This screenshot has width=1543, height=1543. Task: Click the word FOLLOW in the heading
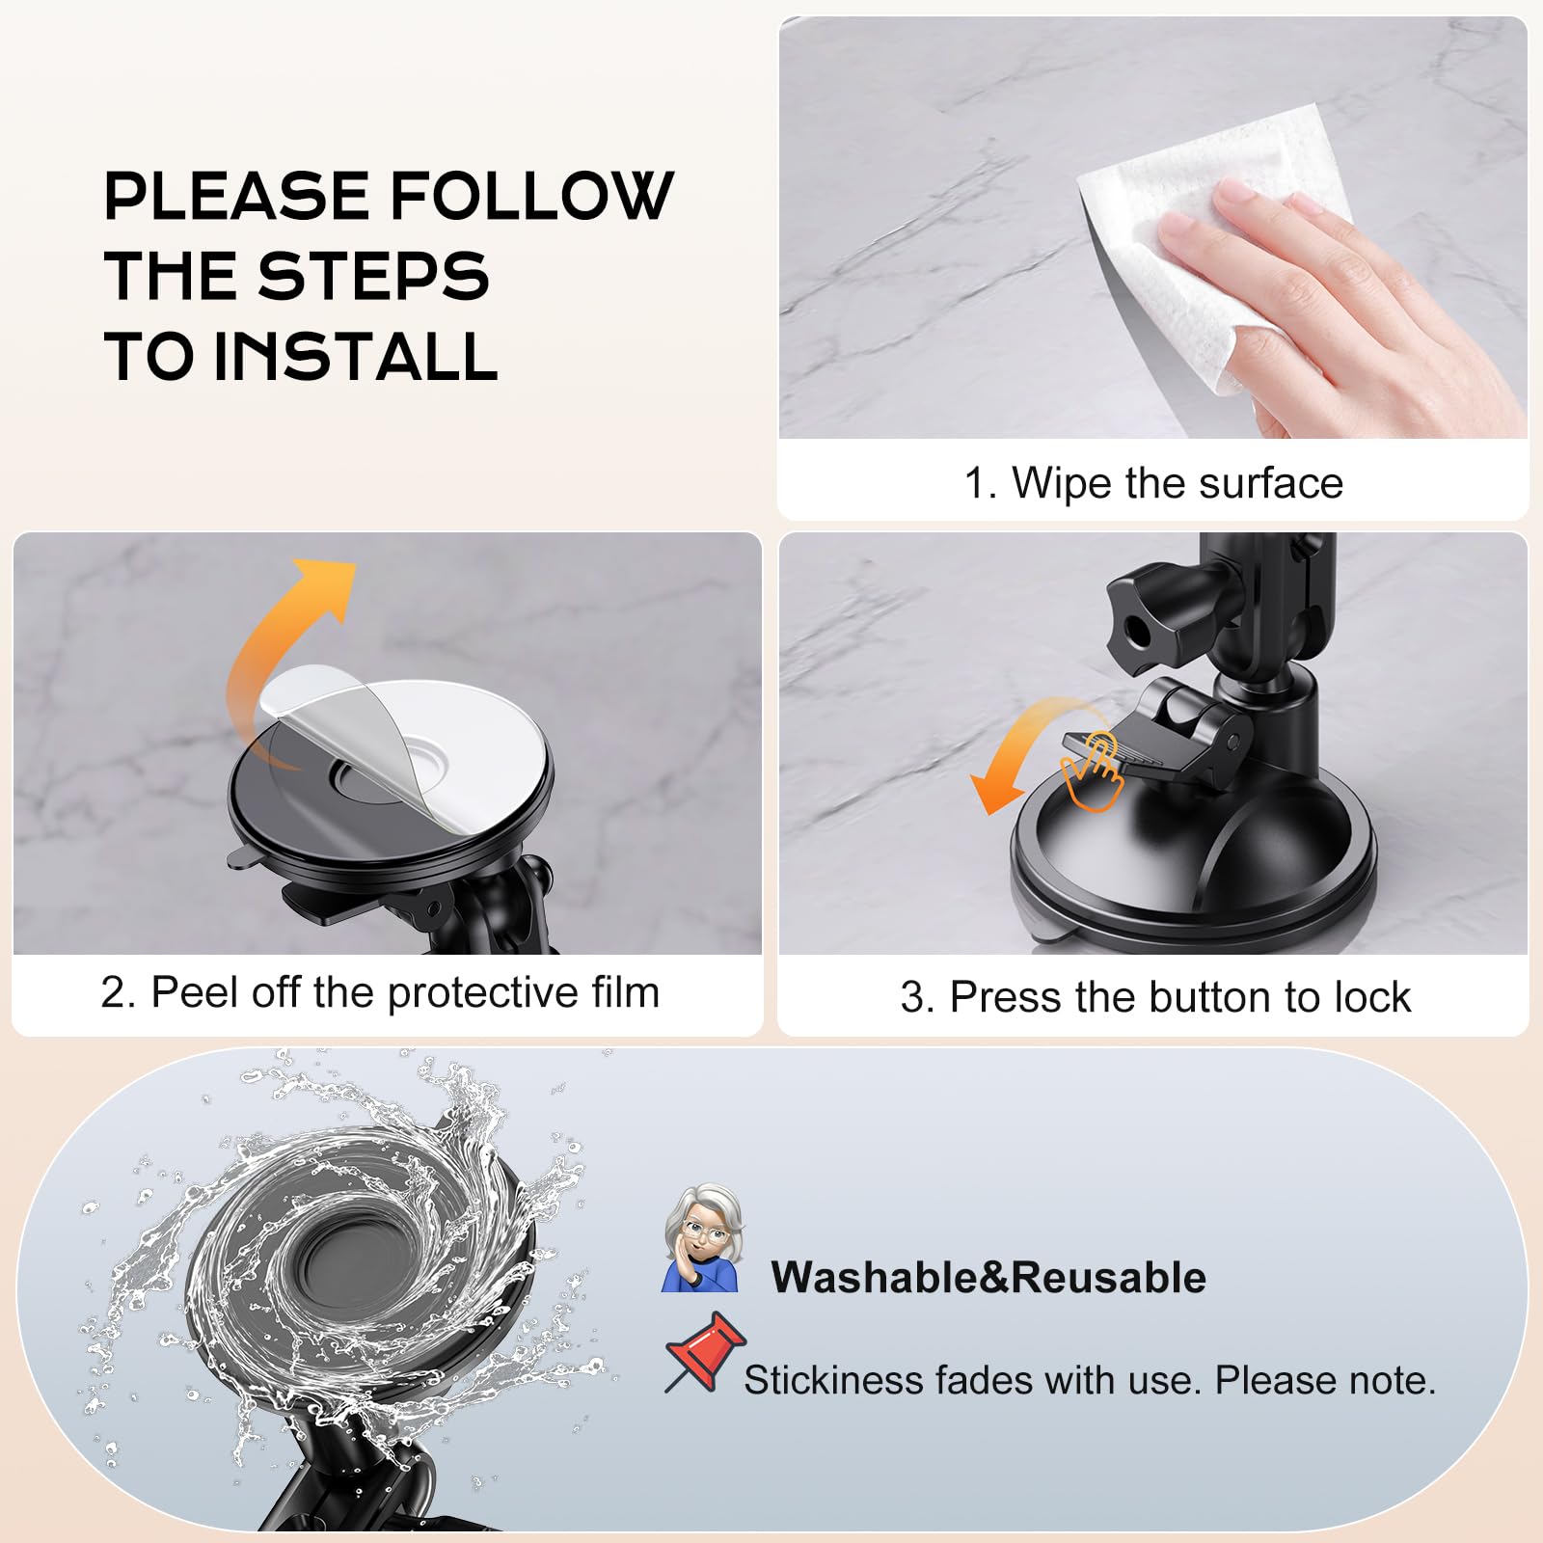pyautogui.click(x=531, y=197)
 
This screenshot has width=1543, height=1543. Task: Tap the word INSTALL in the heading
pyautogui.click(x=354, y=357)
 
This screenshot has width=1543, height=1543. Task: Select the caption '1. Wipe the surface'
pyautogui.click(x=1152, y=483)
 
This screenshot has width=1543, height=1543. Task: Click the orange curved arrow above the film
pyautogui.click(x=280, y=636)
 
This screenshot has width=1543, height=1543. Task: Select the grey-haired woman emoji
pyautogui.click(x=703, y=1239)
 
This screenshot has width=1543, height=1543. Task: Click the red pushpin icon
pyautogui.click(x=704, y=1350)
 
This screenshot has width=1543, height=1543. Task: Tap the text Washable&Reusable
pyautogui.click(x=988, y=1278)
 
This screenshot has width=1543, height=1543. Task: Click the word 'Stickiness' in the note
pyautogui.click(x=833, y=1381)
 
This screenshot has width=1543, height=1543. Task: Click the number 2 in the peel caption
pyautogui.click(x=112, y=993)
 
